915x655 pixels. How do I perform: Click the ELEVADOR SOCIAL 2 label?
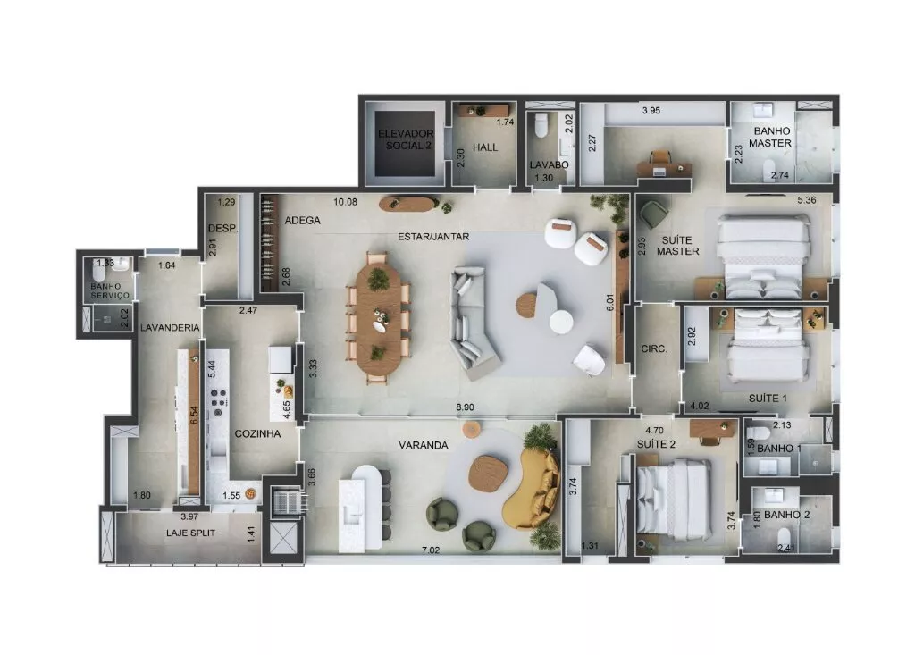point(406,139)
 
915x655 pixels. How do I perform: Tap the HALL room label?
point(485,147)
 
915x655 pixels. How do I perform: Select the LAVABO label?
point(549,164)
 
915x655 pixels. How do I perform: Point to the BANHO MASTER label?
point(771,138)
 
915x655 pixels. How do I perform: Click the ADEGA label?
point(302,220)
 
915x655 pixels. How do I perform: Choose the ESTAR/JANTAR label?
point(433,237)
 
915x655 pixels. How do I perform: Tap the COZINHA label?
point(257,433)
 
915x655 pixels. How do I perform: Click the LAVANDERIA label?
point(170,327)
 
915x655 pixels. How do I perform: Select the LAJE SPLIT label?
point(190,533)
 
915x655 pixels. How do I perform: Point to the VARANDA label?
point(423,445)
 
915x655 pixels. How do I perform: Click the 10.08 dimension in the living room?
point(345,202)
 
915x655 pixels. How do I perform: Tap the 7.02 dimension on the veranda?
point(430,550)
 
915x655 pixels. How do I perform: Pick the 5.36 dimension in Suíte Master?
point(807,200)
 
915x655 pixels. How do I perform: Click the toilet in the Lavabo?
point(541,125)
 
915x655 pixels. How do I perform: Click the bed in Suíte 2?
point(676,499)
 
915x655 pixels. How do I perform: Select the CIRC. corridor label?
point(653,349)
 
